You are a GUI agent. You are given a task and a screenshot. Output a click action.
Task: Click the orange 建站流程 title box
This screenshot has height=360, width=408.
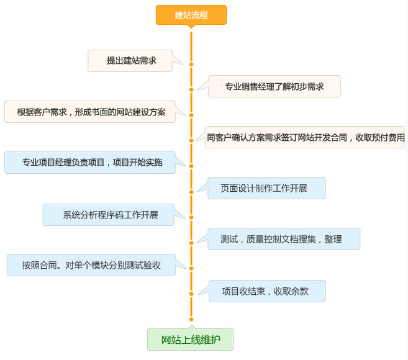pos(191,15)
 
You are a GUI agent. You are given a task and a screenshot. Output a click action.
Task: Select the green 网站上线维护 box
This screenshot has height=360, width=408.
pos(190,340)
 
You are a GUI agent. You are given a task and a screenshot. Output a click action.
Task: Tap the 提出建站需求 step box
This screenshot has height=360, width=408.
pos(132,61)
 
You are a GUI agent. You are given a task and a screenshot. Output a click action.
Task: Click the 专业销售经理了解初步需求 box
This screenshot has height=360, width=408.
pos(274,87)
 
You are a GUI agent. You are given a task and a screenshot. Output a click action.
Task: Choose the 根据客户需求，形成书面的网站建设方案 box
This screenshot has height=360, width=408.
pos(91,112)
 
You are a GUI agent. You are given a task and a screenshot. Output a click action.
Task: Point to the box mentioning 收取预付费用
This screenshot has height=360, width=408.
pos(305,138)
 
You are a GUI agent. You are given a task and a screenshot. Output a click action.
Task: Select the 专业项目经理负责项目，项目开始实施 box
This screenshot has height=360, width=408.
pos(92,163)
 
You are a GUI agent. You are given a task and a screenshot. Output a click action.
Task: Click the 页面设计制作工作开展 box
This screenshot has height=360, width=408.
pos(266,188)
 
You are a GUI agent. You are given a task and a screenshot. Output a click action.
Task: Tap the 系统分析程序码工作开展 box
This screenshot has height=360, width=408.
pos(110,215)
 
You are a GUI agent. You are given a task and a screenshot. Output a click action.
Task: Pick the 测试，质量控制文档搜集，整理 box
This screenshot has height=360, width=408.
pos(283,239)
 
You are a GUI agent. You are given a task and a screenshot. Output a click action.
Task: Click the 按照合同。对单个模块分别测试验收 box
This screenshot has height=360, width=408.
pos(91,265)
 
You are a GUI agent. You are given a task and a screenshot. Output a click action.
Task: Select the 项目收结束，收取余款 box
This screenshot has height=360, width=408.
pos(266,291)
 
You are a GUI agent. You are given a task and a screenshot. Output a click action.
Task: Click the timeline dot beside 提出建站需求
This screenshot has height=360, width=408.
pos(191,64)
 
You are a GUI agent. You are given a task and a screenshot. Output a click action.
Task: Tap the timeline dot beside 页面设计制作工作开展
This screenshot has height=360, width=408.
pos(191,191)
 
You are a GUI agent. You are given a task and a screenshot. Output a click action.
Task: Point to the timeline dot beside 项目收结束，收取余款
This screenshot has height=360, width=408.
pos(191,294)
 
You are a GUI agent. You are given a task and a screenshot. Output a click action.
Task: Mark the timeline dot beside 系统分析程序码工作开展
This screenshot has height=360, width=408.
pos(191,218)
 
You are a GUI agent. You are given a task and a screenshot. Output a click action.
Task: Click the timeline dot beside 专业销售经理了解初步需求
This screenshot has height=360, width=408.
pos(191,89)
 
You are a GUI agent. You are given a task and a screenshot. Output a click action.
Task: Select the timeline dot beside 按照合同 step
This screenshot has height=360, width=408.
pos(191,268)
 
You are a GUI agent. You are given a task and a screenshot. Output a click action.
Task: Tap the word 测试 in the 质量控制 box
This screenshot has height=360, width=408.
pos(229,239)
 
